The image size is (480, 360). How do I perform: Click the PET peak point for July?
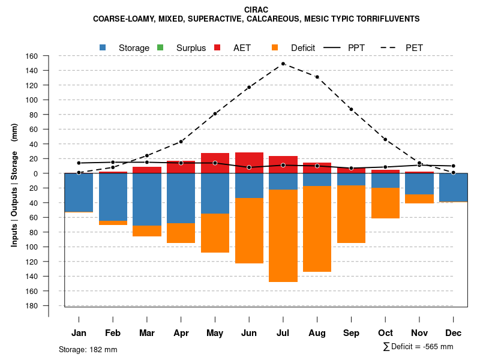click(x=283, y=64)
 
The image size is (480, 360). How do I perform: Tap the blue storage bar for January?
click(x=79, y=193)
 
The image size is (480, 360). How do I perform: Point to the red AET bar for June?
click(x=249, y=163)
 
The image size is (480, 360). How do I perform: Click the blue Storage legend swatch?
click(x=103, y=47)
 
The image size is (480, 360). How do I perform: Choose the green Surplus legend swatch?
click(x=160, y=47)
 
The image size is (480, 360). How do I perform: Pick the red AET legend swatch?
click(x=217, y=47)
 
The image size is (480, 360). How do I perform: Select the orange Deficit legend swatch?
click(x=275, y=47)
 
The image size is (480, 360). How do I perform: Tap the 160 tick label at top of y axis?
click(x=31, y=56)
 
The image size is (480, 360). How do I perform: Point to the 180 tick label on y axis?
click(x=31, y=305)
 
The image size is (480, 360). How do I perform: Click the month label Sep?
click(x=351, y=333)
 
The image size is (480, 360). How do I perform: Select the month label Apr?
click(x=181, y=333)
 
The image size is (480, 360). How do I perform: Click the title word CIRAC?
click(x=256, y=10)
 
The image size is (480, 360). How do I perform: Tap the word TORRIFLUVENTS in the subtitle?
click(x=386, y=19)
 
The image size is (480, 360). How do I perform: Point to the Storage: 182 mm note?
click(x=88, y=349)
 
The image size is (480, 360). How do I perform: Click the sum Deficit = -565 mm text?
click(x=418, y=347)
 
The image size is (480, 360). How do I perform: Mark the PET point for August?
click(x=317, y=77)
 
